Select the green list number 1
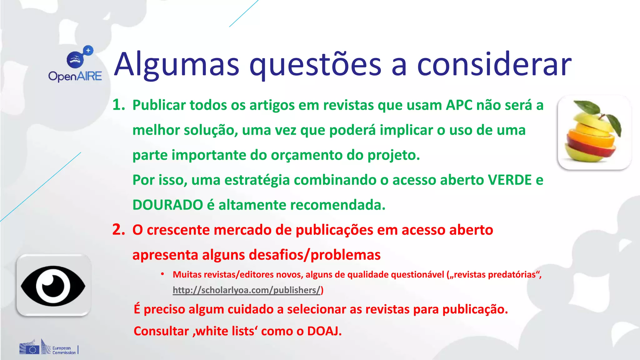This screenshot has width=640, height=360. [118, 105]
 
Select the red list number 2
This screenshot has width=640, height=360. [118, 230]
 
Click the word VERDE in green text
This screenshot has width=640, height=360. [510, 180]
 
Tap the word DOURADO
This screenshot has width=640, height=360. [168, 205]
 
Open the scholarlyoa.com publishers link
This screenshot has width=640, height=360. [247, 290]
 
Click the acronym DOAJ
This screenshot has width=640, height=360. [324, 331]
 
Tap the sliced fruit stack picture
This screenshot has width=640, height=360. [594, 133]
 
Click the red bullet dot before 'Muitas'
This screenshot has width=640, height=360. [162, 274]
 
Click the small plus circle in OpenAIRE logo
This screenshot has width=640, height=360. [88, 50]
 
